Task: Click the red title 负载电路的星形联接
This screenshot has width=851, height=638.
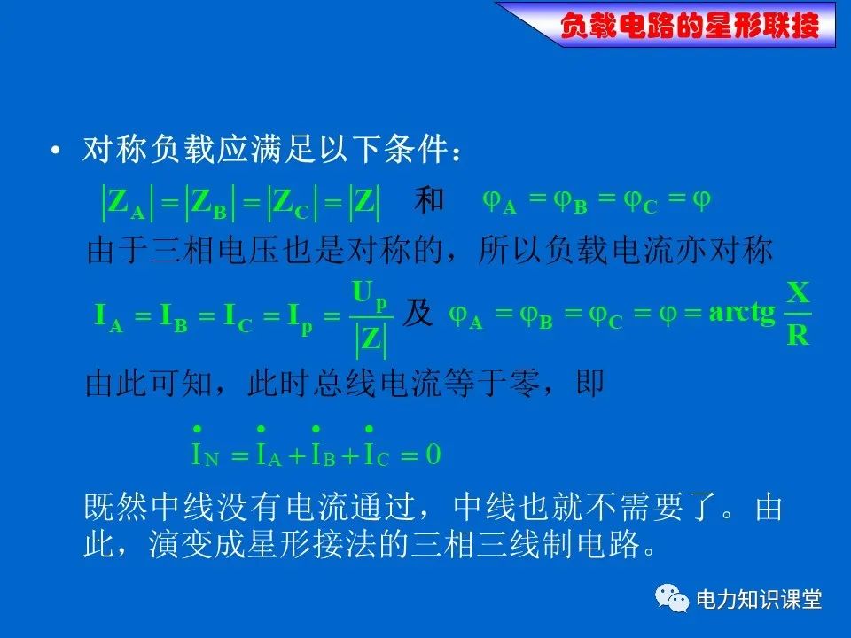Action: (x=690, y=26)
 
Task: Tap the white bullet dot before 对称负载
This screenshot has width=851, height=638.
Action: (x=55, y=151)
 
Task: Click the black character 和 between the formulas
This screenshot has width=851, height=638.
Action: (x=429, y=199)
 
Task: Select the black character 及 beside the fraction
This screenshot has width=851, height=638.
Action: (x=417, y=313)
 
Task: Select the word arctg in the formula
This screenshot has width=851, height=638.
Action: (x=742, y=313)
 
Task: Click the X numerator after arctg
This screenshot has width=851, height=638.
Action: (x=798, y=293)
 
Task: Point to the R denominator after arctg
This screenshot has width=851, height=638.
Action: (x=798, y=335)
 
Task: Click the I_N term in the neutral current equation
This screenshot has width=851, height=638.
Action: (x=205, y=447)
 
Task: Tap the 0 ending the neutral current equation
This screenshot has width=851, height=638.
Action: (x=433, y=454)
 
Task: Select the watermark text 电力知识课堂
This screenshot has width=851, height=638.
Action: (x=759, y=599)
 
